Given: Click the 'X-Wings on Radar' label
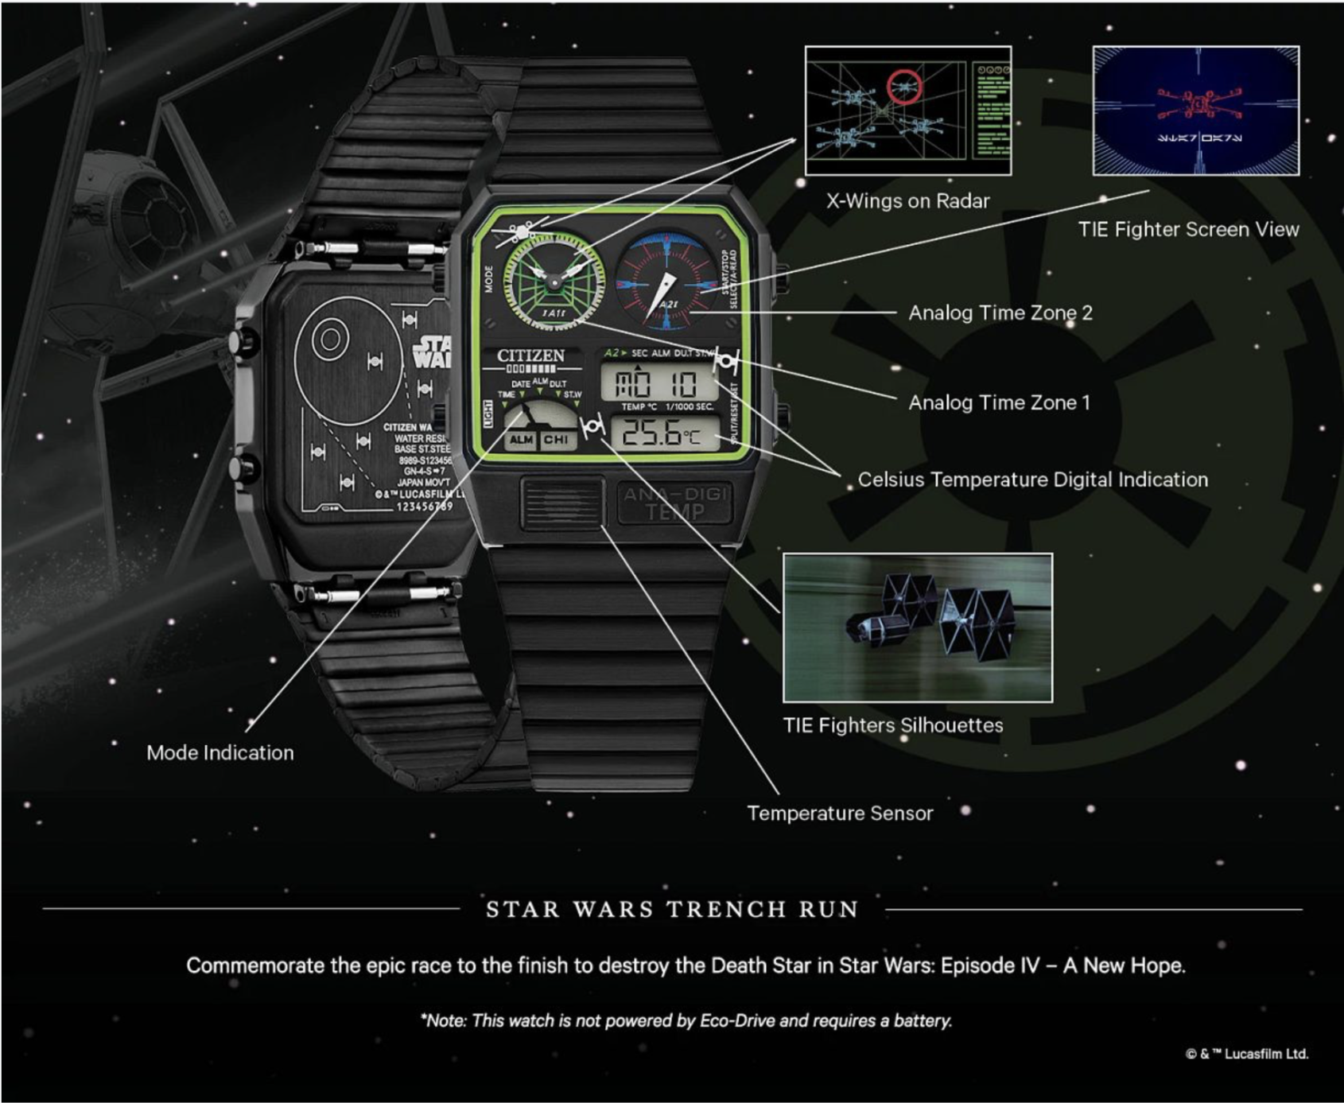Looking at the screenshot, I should [907, 201].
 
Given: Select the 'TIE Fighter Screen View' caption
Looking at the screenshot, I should [1188, 230].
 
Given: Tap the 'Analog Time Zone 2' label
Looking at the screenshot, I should [1000, 313].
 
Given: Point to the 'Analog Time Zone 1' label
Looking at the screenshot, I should [999, 403].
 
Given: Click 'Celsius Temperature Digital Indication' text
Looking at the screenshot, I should [1032, 480].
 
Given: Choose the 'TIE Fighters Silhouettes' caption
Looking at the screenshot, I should [892, 725].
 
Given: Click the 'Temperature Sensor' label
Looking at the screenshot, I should [839, 814].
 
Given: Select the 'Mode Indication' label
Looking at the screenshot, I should [219, 753].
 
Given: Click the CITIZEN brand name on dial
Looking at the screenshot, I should [530, 355].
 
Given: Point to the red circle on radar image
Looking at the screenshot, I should [905, 87].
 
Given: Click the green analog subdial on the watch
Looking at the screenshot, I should [554, 279].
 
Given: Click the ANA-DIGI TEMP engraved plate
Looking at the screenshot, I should [674, 503].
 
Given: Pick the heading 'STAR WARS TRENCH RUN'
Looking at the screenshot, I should [672, 909].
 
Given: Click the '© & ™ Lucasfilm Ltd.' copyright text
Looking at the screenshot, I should [1246, 1054].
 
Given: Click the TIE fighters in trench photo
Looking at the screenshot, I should [917, 627].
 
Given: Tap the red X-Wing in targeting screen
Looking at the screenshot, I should [1197, 104].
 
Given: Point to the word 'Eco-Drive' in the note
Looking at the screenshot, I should [736, 1021].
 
